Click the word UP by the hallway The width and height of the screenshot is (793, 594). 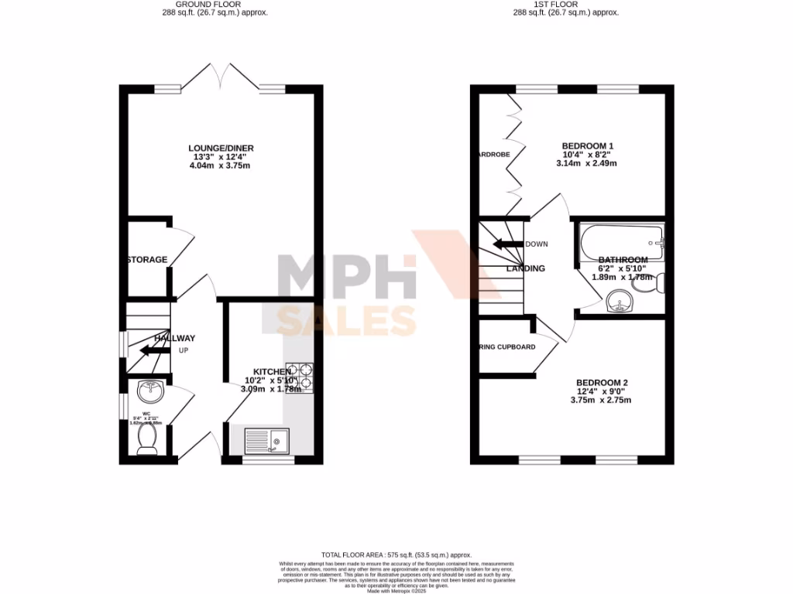[184, 350]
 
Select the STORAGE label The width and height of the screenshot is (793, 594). [147, 260]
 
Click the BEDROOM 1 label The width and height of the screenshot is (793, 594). [587, 145]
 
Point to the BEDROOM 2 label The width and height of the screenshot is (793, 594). [601, 383]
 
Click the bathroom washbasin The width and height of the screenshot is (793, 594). [619, 301]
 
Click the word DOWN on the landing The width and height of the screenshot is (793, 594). [537, 244]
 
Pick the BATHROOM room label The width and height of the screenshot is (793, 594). [623, 260]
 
